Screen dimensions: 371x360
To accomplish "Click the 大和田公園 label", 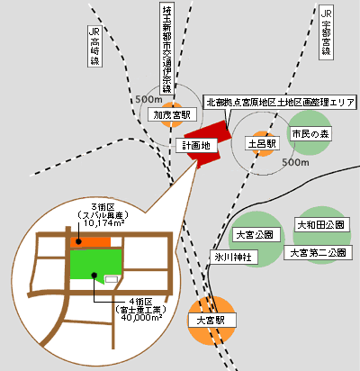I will click(320, 222).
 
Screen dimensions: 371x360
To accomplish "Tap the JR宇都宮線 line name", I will click(327, 37).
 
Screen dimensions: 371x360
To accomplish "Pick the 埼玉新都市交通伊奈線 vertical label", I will click(166, 50).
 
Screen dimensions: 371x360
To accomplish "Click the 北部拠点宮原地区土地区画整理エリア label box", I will click(282, 102).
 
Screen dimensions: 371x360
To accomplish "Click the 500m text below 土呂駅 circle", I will click(295, 163).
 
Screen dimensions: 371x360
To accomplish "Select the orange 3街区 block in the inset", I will click(90, 241).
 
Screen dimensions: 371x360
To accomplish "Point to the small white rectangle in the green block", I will click(112, 279).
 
